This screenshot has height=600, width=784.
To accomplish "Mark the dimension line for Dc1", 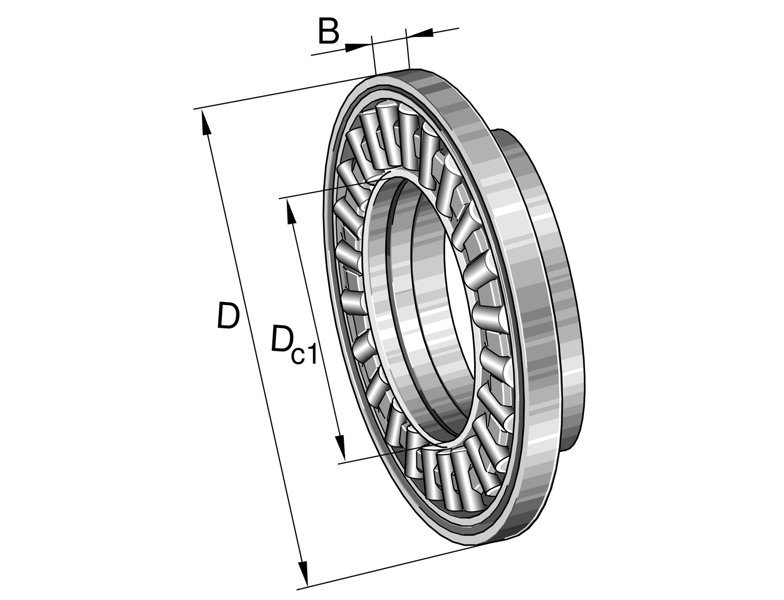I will point(315,330).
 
